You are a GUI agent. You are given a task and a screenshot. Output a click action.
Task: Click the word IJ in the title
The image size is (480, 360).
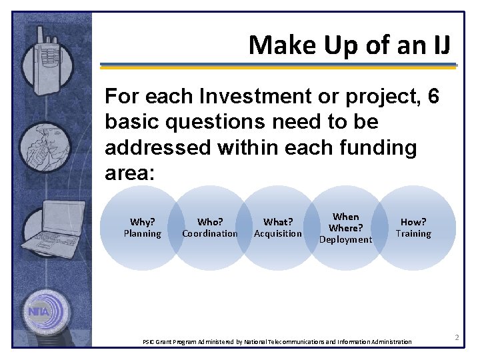[441, 45]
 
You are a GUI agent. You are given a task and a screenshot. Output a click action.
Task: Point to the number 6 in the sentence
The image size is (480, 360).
[433, 97]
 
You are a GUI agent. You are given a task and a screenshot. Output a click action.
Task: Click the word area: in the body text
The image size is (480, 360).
[130, 173]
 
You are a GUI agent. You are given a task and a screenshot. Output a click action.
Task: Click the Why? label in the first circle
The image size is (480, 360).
[142, 222]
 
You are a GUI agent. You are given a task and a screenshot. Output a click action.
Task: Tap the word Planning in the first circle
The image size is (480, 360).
[142, 233]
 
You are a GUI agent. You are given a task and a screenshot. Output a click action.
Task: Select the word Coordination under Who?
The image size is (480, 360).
[210, 233]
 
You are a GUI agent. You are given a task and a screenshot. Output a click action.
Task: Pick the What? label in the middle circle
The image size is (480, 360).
[278, 222]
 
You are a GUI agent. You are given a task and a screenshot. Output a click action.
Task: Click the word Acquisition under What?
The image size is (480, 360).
[278, 233]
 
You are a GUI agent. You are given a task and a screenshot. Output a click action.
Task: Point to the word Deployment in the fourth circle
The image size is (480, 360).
[345, 239]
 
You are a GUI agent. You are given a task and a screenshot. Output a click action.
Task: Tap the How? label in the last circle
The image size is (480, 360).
[413, 222]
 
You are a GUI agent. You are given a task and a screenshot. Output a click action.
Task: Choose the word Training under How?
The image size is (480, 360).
[413, 233]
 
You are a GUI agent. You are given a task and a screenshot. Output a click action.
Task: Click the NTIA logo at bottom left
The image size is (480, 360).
[45, 310]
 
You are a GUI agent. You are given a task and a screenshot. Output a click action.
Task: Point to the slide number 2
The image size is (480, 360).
[457, 338]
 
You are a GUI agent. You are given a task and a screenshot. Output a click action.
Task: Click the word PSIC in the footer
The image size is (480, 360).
[150, 342]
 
